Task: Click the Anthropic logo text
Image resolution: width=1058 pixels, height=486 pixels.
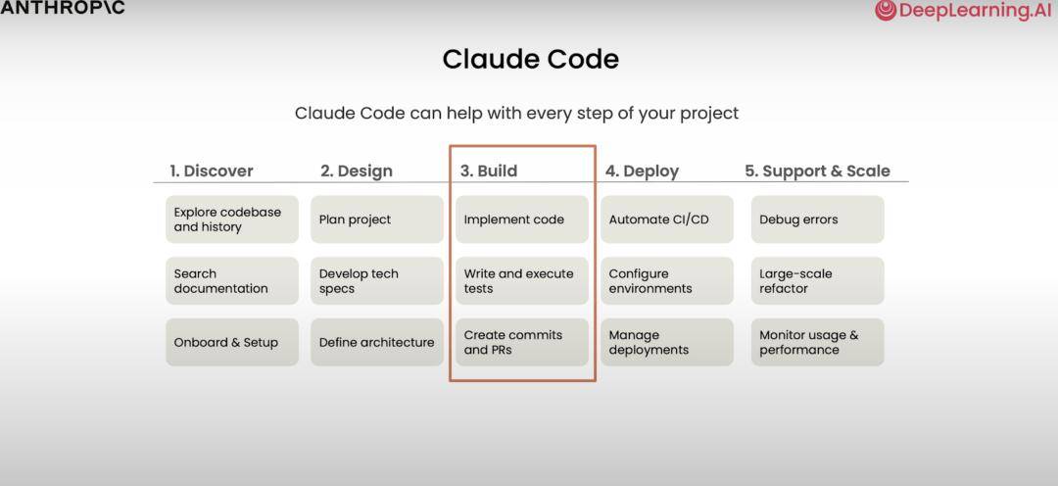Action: [x=63, y=9]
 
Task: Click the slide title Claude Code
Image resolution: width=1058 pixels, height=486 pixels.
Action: [x=530, y=60]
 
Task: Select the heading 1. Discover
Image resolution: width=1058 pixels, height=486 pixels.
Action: [x=211, y=170]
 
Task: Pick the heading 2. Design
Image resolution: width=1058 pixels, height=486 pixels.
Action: [x=356, y=170]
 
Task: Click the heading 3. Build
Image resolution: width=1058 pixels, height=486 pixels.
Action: [x=489, y=170]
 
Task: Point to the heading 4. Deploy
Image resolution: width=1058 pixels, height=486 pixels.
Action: [x=642, y=170]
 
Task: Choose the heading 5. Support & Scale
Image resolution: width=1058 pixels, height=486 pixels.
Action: [x=817, y=170]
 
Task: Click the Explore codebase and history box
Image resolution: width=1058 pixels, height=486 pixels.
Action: [x=232, y=219]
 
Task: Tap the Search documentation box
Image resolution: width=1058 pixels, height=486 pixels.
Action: [x=232, y=281]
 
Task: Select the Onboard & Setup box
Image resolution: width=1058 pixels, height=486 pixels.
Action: [x=232, y=342]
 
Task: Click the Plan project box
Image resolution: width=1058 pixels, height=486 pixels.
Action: [x=377, y=219]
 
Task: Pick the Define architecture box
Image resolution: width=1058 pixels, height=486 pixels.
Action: [x=377, y=342]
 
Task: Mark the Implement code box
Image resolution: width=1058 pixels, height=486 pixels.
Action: [x=522, y=219]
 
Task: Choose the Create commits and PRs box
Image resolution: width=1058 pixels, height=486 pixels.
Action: [x=522, y=342]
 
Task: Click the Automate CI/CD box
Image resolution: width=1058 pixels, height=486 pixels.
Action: [x=667, y=219]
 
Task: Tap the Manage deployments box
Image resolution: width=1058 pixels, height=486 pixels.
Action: [x=667, y=342]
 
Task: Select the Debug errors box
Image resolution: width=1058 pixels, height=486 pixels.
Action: [x=817, y=219]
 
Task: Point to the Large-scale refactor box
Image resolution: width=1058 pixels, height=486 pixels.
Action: [x=817, y=281]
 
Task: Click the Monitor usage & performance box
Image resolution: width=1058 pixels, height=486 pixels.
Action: [x=817, y=342]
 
